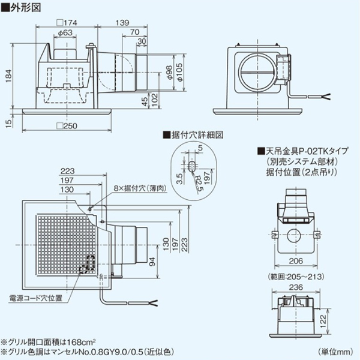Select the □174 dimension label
click(64, 23)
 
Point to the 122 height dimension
click(339, 324)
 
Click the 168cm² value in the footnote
click(76, 340)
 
